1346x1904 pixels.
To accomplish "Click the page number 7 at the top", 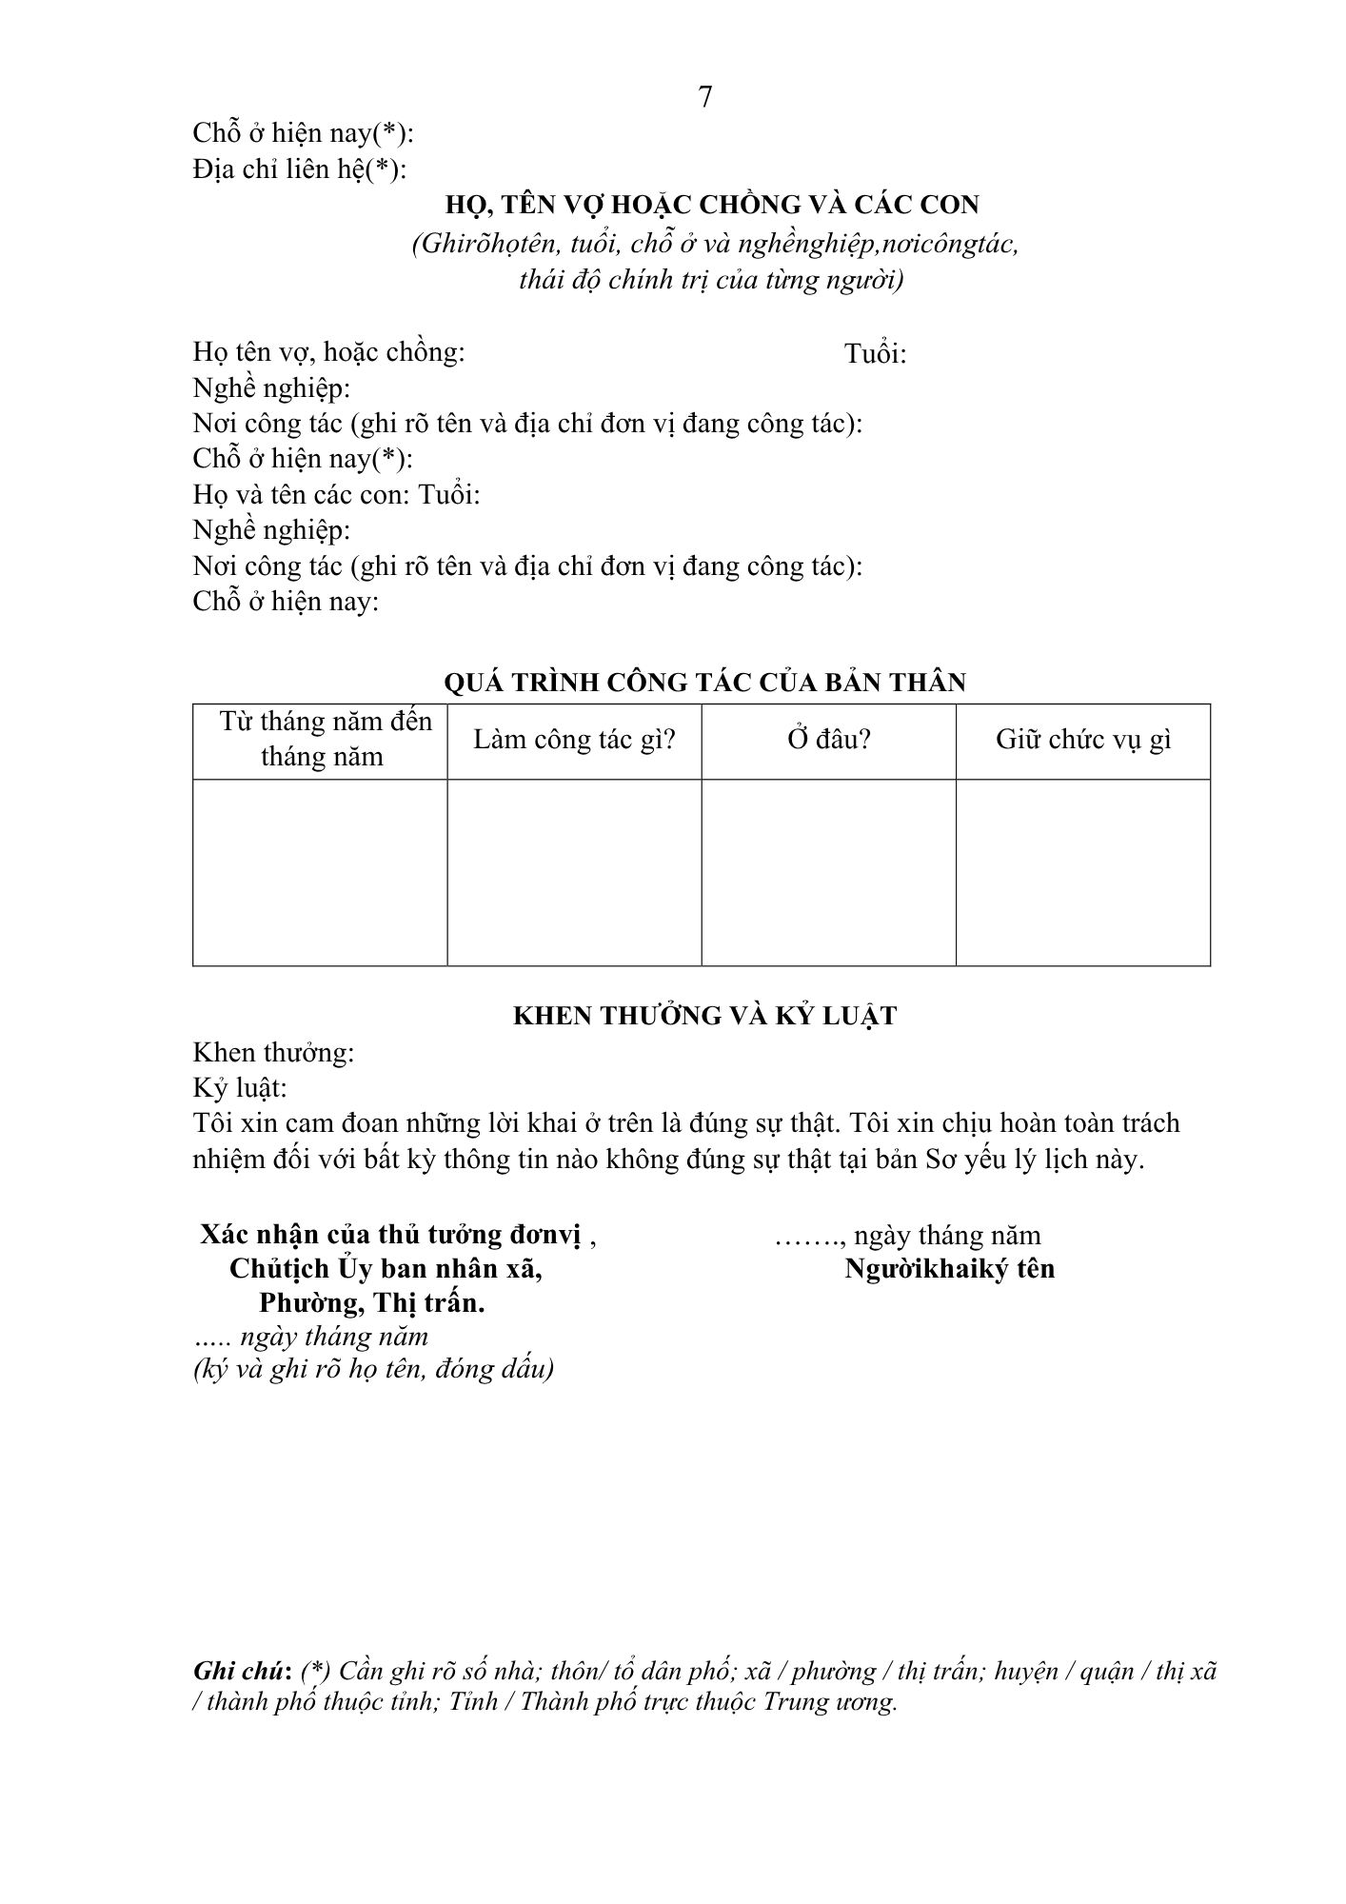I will (x=705, y=97).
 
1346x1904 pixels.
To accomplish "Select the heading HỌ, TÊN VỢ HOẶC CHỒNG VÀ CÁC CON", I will (x=713, y=205).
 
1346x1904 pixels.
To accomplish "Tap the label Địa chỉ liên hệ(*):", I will (x=299, y=169).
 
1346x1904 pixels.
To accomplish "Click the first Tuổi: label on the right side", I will (x=875, y=354).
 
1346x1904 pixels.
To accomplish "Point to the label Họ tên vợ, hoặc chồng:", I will (x=328, y=352).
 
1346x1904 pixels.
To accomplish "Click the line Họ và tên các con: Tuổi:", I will (x=336, y=495).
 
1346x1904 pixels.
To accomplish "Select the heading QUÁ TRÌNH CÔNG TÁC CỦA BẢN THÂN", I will (x=705, y=683).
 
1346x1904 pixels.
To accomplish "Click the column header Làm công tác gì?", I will (x=574, y=740).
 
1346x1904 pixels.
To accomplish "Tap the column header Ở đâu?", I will (x=828, y=740).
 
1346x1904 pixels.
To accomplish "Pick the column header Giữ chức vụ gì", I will (x=1083, y=740).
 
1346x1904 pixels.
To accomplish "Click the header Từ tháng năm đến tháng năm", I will (x=322, y=740).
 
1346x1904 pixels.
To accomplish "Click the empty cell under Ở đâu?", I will (x=828, y=872).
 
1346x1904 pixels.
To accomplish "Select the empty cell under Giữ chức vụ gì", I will (x=1083, y=872).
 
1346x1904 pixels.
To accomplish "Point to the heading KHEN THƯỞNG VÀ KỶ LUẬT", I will (x=704, y=1016).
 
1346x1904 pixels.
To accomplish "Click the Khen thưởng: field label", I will (x=273, y=1053).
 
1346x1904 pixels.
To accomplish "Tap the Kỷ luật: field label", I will (x=239, y=1088).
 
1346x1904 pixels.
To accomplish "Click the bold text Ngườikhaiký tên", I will (x=949, y=1269).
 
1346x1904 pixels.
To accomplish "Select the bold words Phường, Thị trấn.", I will (x=371, y=1303).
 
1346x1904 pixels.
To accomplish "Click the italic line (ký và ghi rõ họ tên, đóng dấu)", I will (x=373, y=1369).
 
